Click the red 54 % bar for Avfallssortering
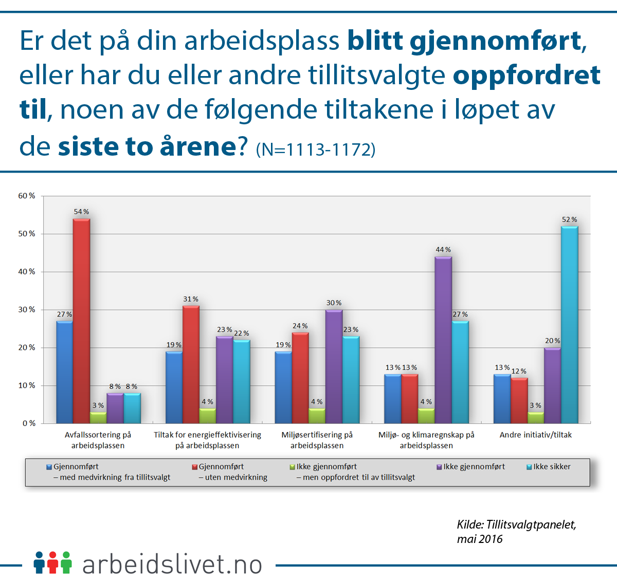[81, 321]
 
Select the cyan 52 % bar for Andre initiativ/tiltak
[569, 325]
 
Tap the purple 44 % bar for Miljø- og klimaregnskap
[443, 340]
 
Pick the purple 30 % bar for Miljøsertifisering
[334, 367]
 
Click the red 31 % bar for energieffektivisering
[191, 365]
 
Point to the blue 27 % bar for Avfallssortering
[64, 372]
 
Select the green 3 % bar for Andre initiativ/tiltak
[536, 418]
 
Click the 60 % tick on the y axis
[27, 196]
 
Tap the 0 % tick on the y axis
[29, 423]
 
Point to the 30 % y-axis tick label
[27, 310]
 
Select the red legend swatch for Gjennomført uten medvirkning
[195, 467]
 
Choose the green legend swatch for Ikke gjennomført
[293, 467]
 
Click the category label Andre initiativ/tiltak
[535, 435]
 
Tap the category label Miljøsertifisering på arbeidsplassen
[317, 440]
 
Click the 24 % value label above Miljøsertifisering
[300, 326]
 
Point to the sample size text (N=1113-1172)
[316, 149]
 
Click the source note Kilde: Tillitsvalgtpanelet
[516, 524]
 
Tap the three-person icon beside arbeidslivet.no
[52, 562]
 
